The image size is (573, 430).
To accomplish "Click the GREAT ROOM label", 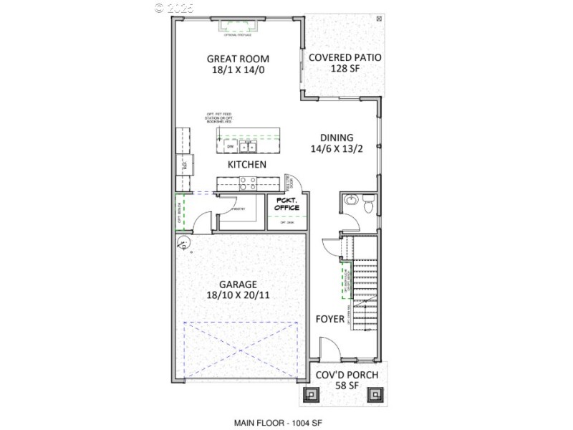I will (x=233, y=59).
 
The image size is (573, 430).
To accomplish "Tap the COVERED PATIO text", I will (x=345, y=57).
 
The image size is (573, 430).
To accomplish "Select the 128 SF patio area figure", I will (x=345, y=69).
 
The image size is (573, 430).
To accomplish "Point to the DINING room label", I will (x=337, y=138).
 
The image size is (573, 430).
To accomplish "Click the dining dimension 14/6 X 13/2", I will (x=337, y=150).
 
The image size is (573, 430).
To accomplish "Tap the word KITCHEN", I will (x=247, y=165).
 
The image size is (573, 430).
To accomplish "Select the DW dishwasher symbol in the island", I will (x=230, y=147).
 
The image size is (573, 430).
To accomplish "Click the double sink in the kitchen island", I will (x=249, y=147).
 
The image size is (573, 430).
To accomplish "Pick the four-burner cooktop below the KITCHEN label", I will (x=248, y=183).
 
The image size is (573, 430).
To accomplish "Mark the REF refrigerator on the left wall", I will (x=185, y=165).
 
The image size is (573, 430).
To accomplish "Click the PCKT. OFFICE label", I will (x=286, y=204).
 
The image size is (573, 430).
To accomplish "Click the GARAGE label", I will (x=237, y=284).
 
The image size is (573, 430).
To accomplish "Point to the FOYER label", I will (x=330, y=319).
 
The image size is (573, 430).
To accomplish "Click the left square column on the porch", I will (x=314, y=393).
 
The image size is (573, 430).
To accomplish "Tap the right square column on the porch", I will (x=375, y=393).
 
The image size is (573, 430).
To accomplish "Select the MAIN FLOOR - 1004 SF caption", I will (x=286, y=423).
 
